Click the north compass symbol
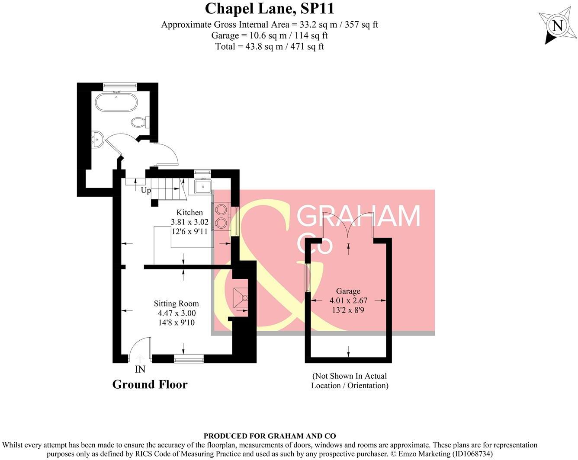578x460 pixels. pyautogui.click(x=557, y=26)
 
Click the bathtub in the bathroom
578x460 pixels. pyautogui.click(x=116, y=103)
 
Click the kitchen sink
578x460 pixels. pyautogui.click(x=202, y=187)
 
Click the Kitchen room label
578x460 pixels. pyautogui.click(x=189, y=212)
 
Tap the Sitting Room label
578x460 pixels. pyautogui.click(x=177, y=303)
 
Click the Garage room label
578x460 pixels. pyautogui.click(x=348, y=291)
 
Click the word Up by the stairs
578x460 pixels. pyautogui.click(x=146, y=190)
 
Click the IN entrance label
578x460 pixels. pyautogui.click(x=140, y=369)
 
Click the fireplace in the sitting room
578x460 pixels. pyautogui.click(x=241, y=298)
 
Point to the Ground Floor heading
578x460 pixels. pyautogui.click(x=150, y=384)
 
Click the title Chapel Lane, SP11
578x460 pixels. pyautogui.click(x=270, y=9)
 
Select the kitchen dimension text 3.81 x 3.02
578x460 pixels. pyautogui.click(x=189, y=222)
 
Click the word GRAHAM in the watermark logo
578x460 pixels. pyautogui.click(x=358, y=216)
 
